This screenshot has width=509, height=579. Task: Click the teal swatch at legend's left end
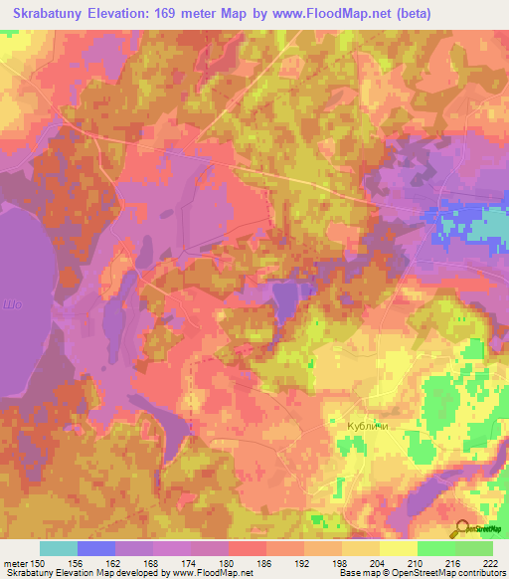pyautogui.click(x=59, y=548)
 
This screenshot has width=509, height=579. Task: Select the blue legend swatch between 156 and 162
pyautogui.click(x=96, y=548)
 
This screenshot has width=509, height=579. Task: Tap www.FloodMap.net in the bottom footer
pyautogui.click(x=210, y=573)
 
